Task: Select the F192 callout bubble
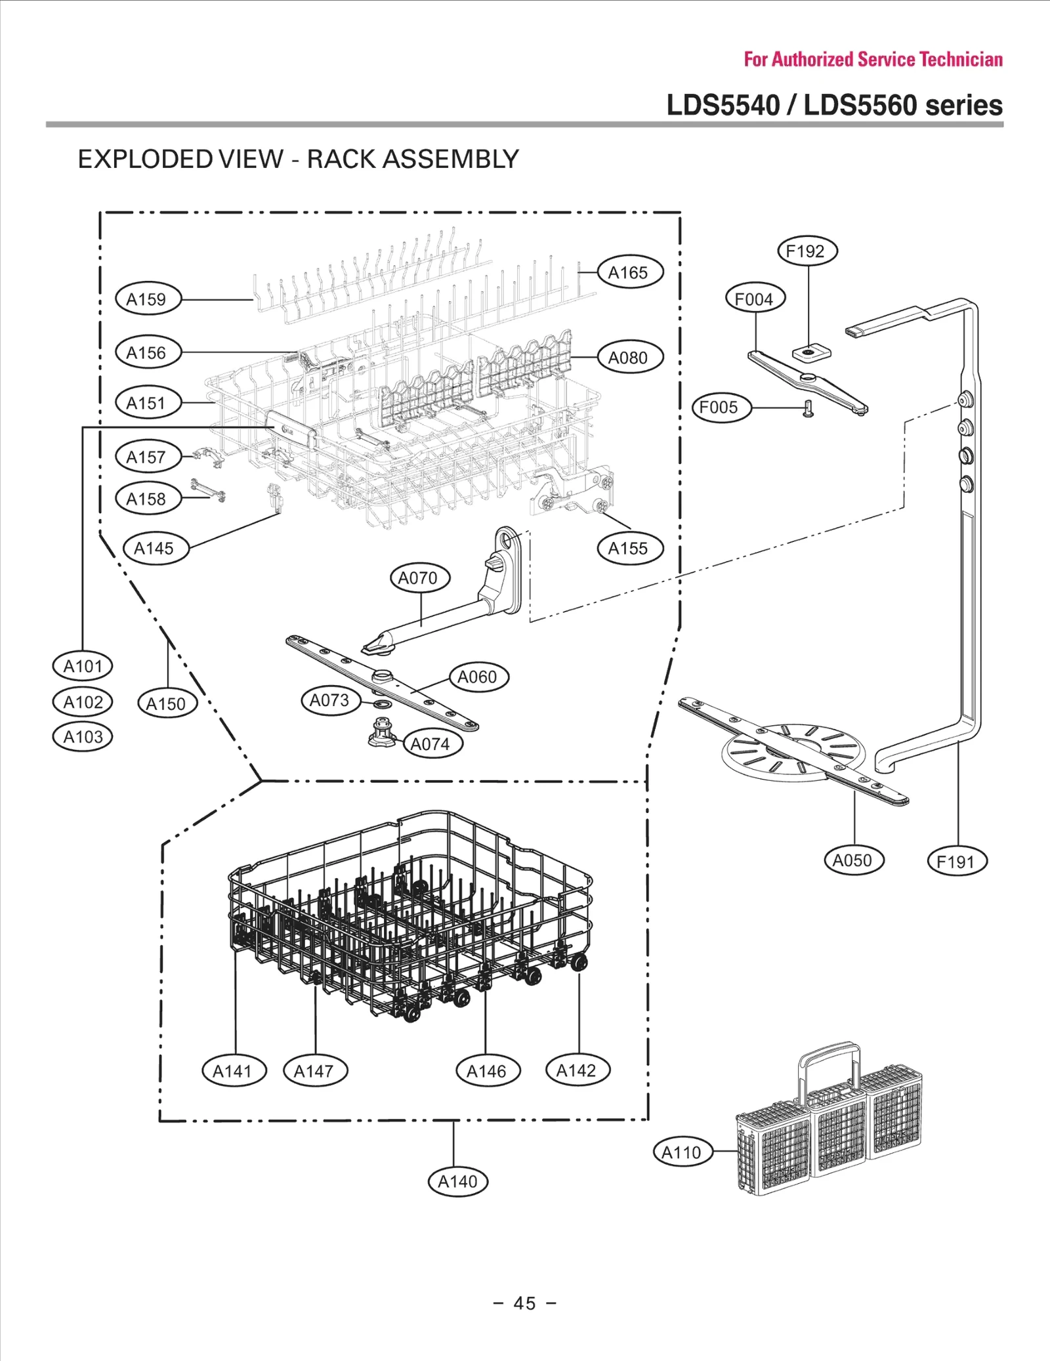(807, 251)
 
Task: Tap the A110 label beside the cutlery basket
(682, 1152)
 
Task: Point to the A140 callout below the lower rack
(457, 1182)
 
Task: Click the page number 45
(524, 1303)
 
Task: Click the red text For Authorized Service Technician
(873, 60)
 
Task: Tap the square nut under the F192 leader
(809, 353)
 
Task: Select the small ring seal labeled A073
(383, 705)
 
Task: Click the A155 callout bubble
(629, 549)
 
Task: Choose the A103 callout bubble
(83, 737)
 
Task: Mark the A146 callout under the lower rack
(488, 1072)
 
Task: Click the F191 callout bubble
(957, 862)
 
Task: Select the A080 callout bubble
(629, 358)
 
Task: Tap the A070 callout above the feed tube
(419, 578)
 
